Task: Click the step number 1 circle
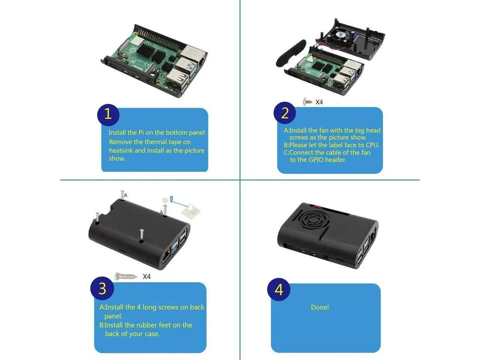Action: click(x=108, y=115)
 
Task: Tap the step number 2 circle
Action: click(x=284, y=113)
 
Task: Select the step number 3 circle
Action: click(x=102, y=288)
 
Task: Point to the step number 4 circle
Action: click(x=279, y=289)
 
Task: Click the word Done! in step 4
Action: click(x=320, y=307)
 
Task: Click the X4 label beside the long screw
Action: click(x=146, y=277)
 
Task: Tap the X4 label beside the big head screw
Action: click(x=319, y=102)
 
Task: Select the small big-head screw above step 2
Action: click(x=308, y=102)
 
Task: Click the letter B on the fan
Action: click(x=340, y=34)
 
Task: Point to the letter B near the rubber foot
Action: click(x=172, y=198)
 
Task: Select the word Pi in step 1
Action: click(x=141, y=132)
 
